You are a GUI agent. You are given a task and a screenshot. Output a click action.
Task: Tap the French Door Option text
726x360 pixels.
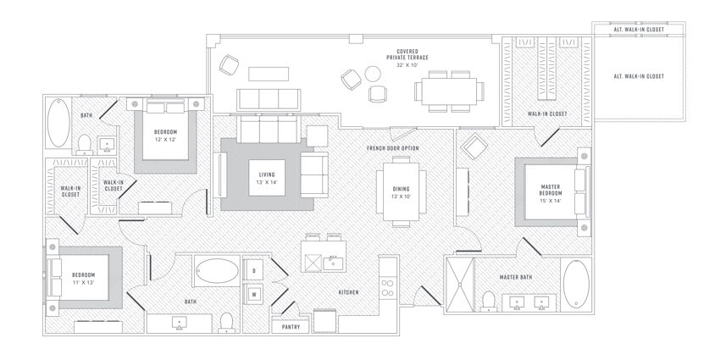tap(393, 148)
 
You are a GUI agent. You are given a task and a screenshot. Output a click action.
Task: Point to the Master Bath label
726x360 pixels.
tap(514, 277)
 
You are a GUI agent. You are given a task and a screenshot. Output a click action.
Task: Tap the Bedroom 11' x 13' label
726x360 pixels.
tap(83, 279)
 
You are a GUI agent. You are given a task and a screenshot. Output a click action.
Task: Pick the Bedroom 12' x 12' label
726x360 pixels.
tap(165, 136)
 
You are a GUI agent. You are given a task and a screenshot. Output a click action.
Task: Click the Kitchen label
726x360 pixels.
tap(348, 292)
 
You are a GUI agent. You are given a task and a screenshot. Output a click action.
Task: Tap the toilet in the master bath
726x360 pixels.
tap(488, 300)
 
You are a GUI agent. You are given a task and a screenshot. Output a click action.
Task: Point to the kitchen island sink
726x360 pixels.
tap(332, 263)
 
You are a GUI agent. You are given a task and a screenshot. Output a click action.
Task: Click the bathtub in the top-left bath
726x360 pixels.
tap(58, 125)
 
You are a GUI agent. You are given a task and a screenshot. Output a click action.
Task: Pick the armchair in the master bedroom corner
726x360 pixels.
tap(470, 150)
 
